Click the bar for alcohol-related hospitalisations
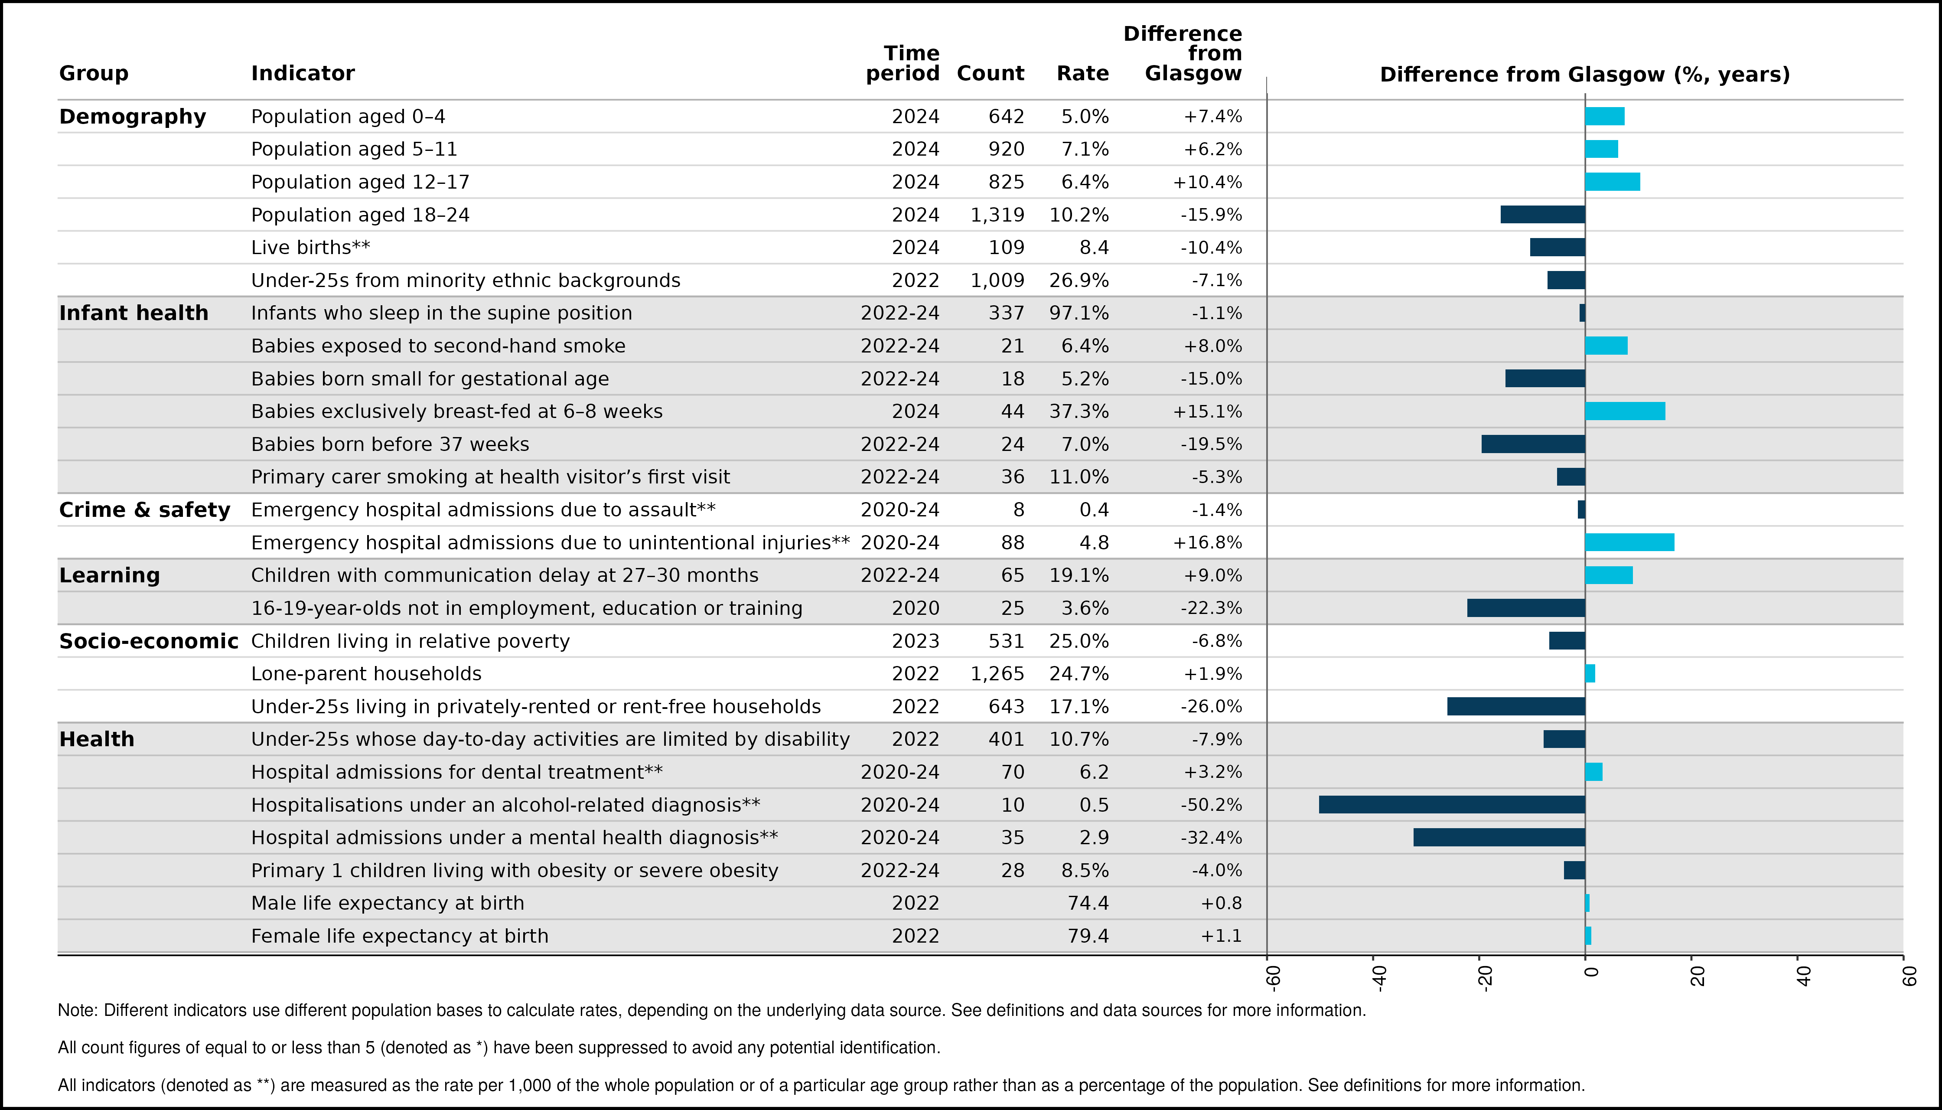pos(1452,804)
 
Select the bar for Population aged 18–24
pos(1543,214)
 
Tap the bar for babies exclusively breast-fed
pos(1625,411)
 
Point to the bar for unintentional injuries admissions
pos(1629,542)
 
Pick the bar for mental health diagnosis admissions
pos(1499,837)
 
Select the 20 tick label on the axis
pos(1698,976)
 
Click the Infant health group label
pos(134,313)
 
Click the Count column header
pos(990,73)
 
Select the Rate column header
pos(1082,73)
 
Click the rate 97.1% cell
pos(1079,313)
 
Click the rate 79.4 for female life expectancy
pos(1088,935)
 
